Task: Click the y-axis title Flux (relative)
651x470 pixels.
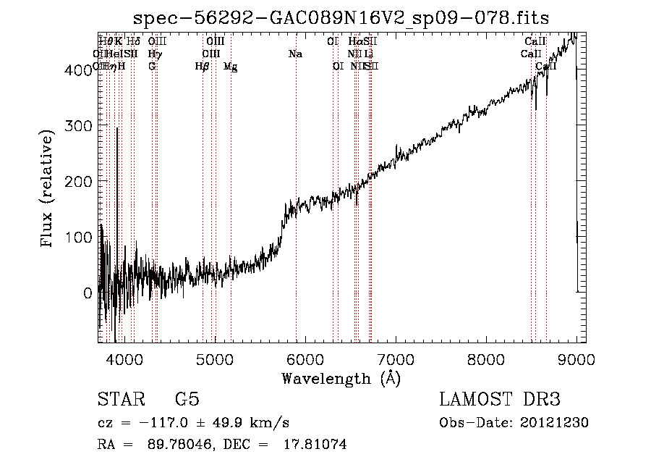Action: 48,190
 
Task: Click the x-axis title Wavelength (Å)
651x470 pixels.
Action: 341,377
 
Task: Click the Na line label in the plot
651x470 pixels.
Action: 295,54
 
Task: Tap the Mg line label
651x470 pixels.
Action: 230,67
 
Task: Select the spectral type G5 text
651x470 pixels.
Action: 187,400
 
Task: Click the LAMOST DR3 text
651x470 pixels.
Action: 500,400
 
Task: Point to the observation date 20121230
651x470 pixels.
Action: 554,423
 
